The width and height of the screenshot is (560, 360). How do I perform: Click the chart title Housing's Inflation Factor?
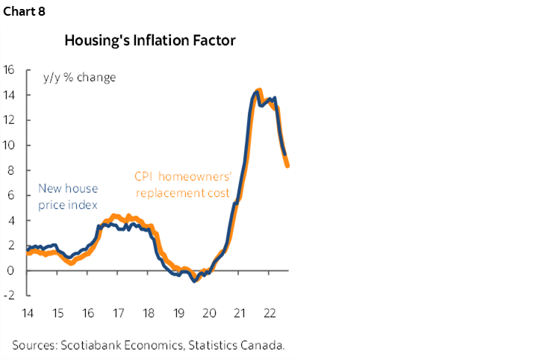click(x=150, y=39)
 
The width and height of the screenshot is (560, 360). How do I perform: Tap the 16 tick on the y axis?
click(x=9, y=69)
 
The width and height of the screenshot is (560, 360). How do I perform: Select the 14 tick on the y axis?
click(x=9, y=95)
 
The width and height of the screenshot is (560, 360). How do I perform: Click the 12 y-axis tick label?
click(x=9, y=120)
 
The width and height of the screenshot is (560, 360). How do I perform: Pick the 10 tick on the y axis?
click(x=9, y=145)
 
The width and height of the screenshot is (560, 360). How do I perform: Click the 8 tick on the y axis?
click(x=11, y=170)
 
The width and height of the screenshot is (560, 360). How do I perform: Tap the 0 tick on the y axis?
click(x=11, y=270)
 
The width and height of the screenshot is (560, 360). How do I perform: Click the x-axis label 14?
click(x=28, y=313)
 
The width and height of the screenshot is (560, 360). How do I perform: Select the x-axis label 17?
click(x=118, y=313)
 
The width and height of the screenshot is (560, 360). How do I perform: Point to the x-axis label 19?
click(x=178, y=313)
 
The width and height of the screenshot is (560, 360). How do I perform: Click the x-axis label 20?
click(x=208, y=313)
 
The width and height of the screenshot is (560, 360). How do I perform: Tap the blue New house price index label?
click(x=68, y=196)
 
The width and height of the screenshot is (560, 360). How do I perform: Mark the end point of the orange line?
click(x=287, y=166)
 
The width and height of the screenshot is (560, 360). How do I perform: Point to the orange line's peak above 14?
click(x=258, y=91)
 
